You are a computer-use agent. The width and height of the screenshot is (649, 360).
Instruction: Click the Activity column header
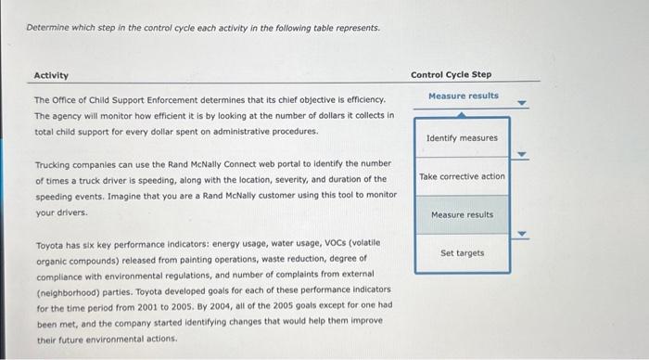pos(51,75)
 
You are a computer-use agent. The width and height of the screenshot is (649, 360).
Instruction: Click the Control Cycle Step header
pos(451,74)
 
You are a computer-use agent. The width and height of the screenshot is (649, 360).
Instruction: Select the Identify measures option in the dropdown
pos(462,138)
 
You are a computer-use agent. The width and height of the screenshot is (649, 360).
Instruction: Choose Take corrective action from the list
pos(462,176)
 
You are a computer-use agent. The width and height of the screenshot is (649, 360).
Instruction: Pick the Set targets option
pos(462,252)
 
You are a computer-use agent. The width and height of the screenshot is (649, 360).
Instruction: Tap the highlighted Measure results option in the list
pos(462,214)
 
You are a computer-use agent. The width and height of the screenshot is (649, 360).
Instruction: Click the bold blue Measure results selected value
pos(463,96)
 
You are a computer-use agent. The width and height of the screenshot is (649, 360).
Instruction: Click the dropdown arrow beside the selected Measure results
pos(521,104)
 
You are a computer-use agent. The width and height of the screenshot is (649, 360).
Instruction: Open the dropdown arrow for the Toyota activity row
pos(521,234)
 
